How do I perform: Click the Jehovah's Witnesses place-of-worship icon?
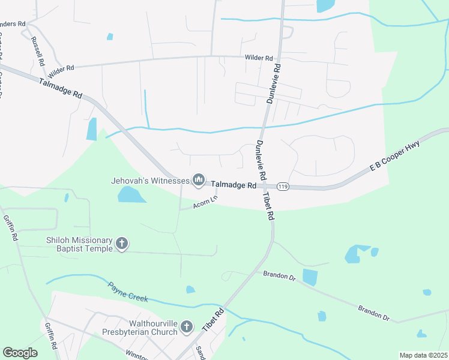198,179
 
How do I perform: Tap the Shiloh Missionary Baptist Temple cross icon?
122,244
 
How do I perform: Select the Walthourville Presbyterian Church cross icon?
186,327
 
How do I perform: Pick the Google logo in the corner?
20,352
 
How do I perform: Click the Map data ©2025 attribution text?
423,355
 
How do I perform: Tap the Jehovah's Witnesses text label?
149,179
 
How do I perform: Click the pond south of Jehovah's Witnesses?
131,194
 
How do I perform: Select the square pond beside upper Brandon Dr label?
310,277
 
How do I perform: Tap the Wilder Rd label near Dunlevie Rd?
259,58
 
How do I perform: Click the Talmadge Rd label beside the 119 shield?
234,185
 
